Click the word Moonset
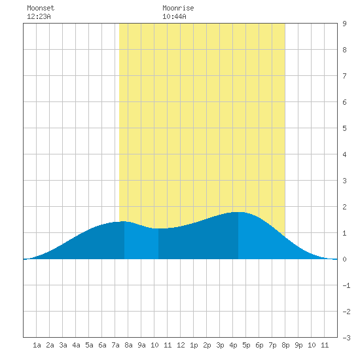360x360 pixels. [41, 8]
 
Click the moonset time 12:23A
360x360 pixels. [39, 16]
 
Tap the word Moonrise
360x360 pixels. [178, 8]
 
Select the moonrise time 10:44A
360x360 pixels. [174, 16]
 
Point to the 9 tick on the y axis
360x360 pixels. [344, 24]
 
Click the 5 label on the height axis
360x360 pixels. [344, 128]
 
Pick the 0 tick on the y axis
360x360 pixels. [344, 259]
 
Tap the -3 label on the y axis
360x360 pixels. [347, 338]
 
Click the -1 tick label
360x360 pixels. [347, 285]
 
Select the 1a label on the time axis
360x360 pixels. [37, 345]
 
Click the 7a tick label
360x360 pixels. [115, 345]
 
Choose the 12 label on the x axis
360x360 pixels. [181, 345]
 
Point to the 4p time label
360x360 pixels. [233, 345]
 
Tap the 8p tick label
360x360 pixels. [285, 345]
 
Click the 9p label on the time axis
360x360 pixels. [298, 345]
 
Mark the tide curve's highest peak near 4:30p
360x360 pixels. [238, 212]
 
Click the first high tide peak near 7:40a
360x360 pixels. [124, 221]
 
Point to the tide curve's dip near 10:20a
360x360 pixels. [158, 228]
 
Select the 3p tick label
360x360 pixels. [220, 345]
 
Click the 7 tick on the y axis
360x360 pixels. [344, 76]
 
